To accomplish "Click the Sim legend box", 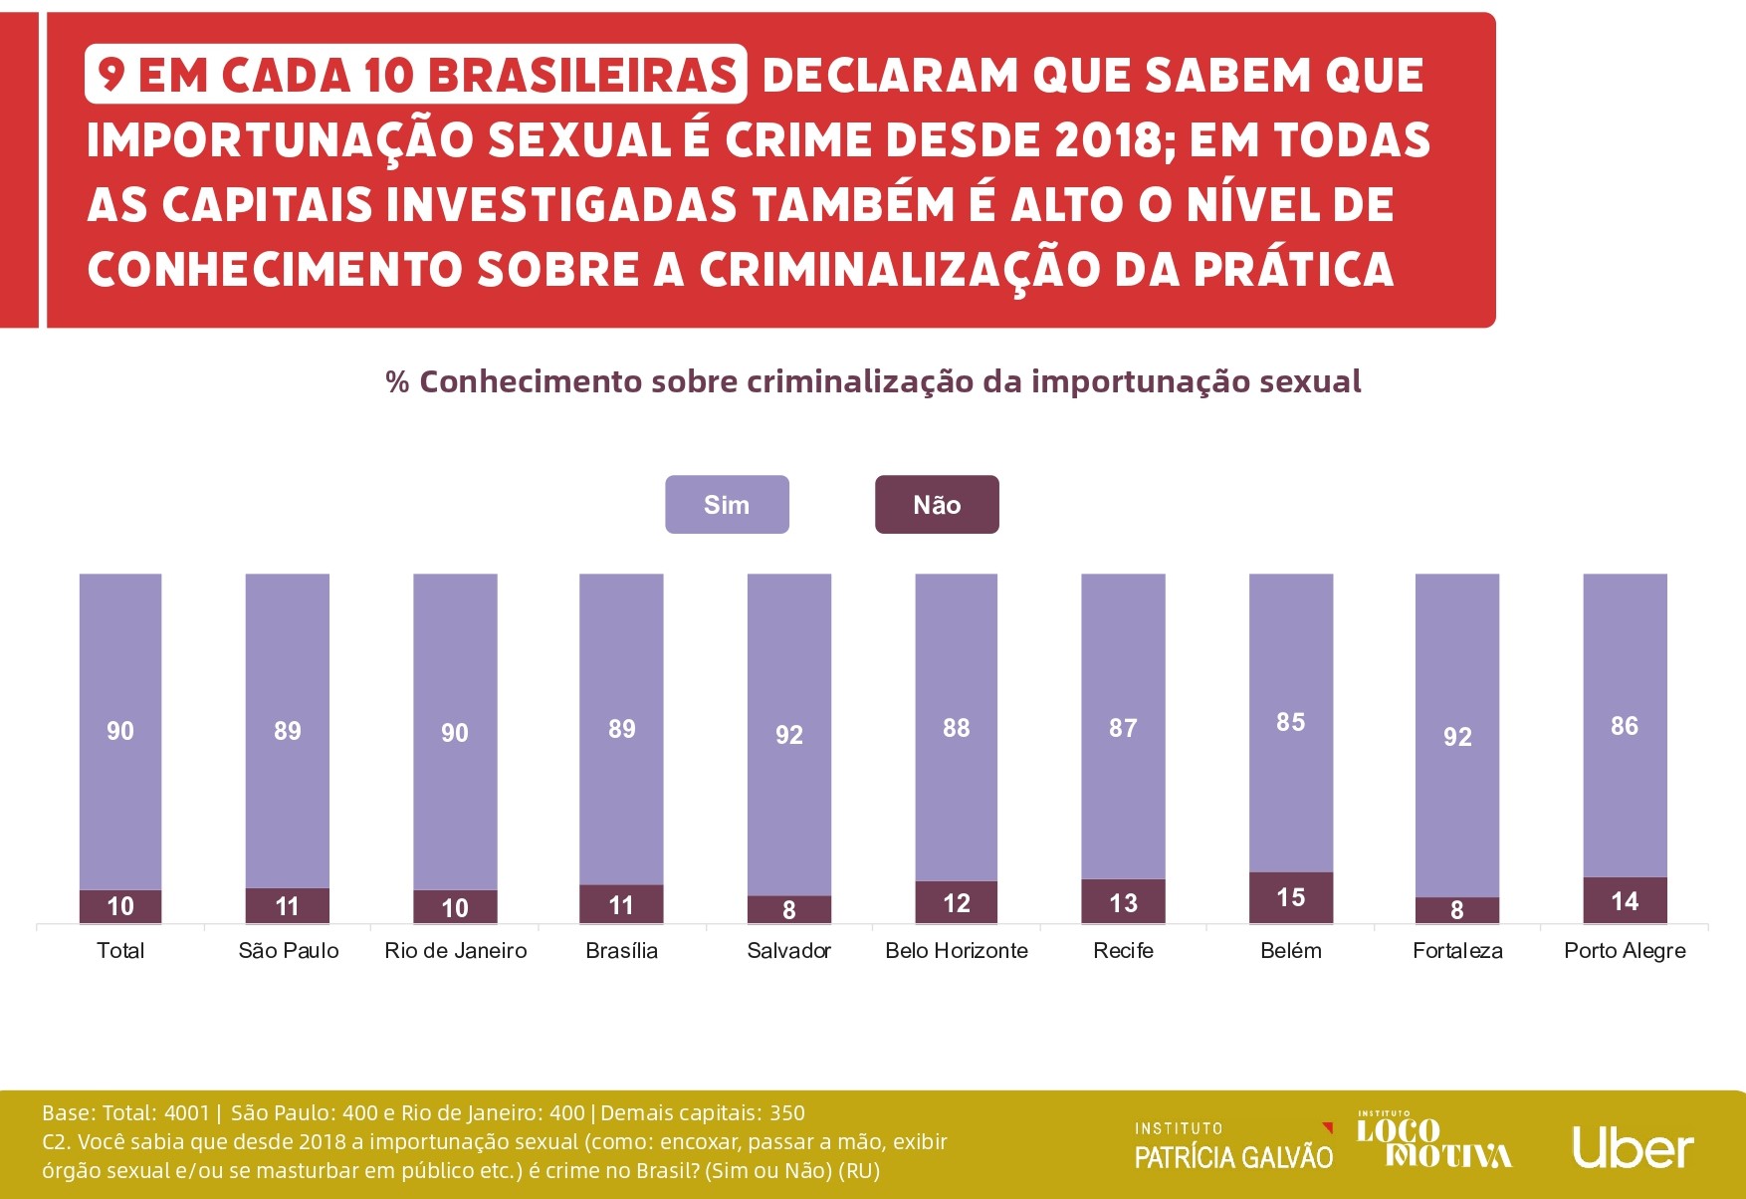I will coord(727,505).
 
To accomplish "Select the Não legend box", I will coord(937,505).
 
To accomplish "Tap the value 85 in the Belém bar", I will coord(1290,722).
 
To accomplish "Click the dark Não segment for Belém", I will coord(1290,897).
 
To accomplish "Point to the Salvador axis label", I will coord(788,951).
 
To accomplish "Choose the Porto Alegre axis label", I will coord(1625,951).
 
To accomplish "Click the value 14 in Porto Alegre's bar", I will coord(1625,901).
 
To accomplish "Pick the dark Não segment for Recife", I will coord(1123,901).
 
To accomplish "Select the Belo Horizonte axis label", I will coord(956,951).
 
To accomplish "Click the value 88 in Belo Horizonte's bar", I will coord(956,728).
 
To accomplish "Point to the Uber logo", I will coord(1633,1148).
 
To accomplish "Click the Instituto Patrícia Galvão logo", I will coord(1233,1146).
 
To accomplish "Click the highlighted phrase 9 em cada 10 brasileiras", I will coord(416,75).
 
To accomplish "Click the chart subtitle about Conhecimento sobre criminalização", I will coord(873,381).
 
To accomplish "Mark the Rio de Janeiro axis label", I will coord(455,951).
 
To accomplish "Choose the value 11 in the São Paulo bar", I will coord(287,906).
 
